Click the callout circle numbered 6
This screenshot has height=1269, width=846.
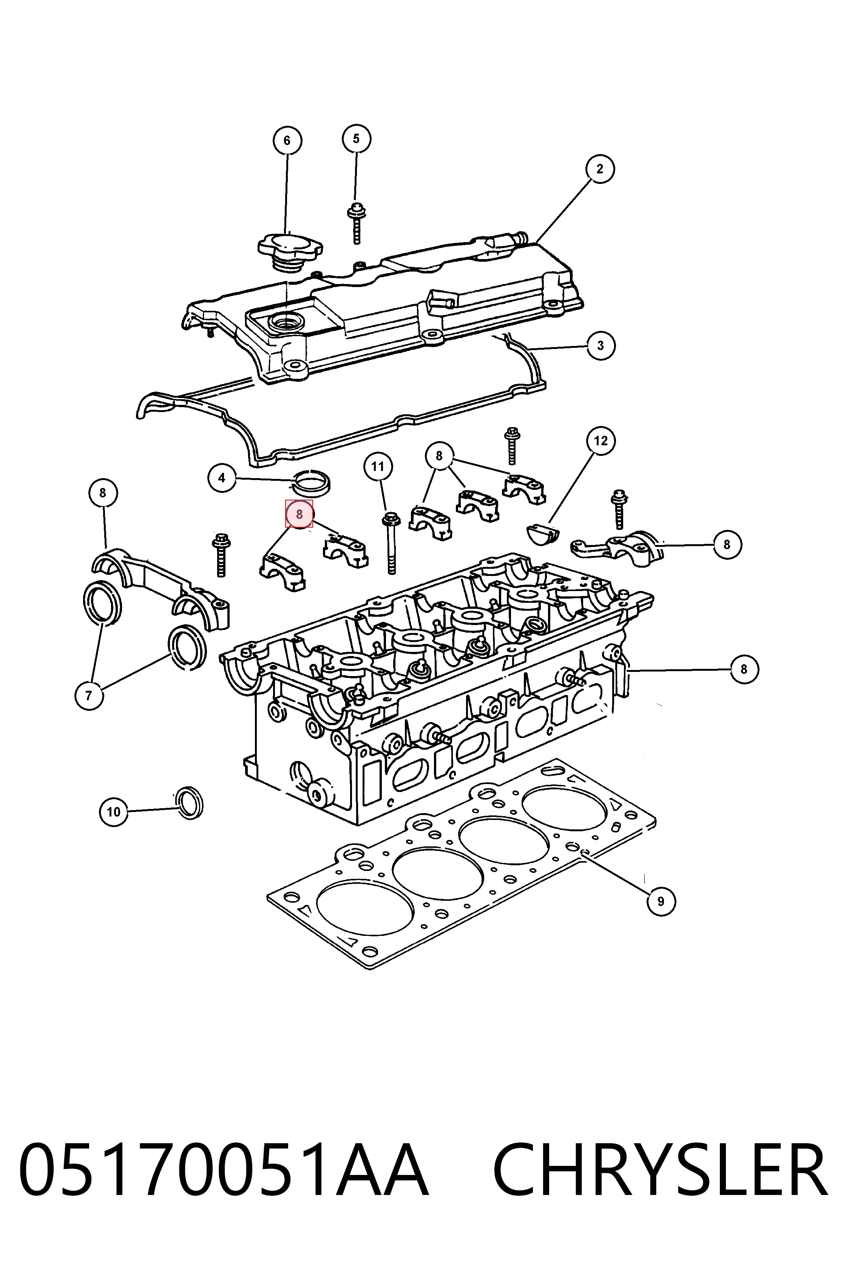click(287, 140)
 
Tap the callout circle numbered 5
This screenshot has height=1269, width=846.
click(356, 139)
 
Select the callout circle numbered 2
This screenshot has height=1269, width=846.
click(599, 169)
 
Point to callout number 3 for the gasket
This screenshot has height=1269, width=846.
click(601, 345)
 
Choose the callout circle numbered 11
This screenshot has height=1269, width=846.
click(378, 466)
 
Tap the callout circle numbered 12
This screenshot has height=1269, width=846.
click(601, 441)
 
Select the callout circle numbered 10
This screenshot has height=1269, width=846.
click(113, 812)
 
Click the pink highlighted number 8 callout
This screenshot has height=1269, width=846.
click(299, 514)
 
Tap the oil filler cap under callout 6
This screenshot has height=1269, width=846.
click(290, 252)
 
